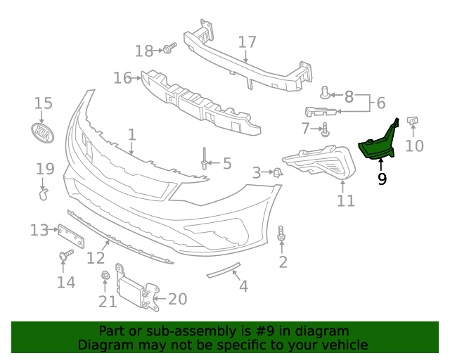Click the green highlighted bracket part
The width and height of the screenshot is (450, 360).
[x=378, y=145]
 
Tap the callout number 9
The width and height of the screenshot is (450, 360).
[x=382, y=179]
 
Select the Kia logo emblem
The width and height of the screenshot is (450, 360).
[x=44, y=132]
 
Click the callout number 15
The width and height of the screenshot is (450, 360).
[x=44, y=103]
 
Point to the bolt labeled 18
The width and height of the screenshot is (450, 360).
[x=169, y=49]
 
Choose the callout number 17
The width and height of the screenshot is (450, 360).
[x=247, y=42]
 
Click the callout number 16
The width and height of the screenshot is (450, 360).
[x=122, y=77]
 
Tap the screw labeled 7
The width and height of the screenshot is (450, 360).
[x=326, y=129]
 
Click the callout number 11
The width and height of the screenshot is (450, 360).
[x=345, y=201]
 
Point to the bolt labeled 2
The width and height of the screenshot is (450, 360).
[x=282, y=236]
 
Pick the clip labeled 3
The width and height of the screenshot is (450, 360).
[x=277, y=172]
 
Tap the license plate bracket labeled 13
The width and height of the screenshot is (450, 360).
[x=70, y=236]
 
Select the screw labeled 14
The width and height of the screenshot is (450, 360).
[x=66, y=255]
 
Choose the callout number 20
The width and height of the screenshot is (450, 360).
[x=177, y=300]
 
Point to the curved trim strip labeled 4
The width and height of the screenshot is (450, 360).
[x=224, y=270]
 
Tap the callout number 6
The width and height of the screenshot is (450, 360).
[x=381, y=103]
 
